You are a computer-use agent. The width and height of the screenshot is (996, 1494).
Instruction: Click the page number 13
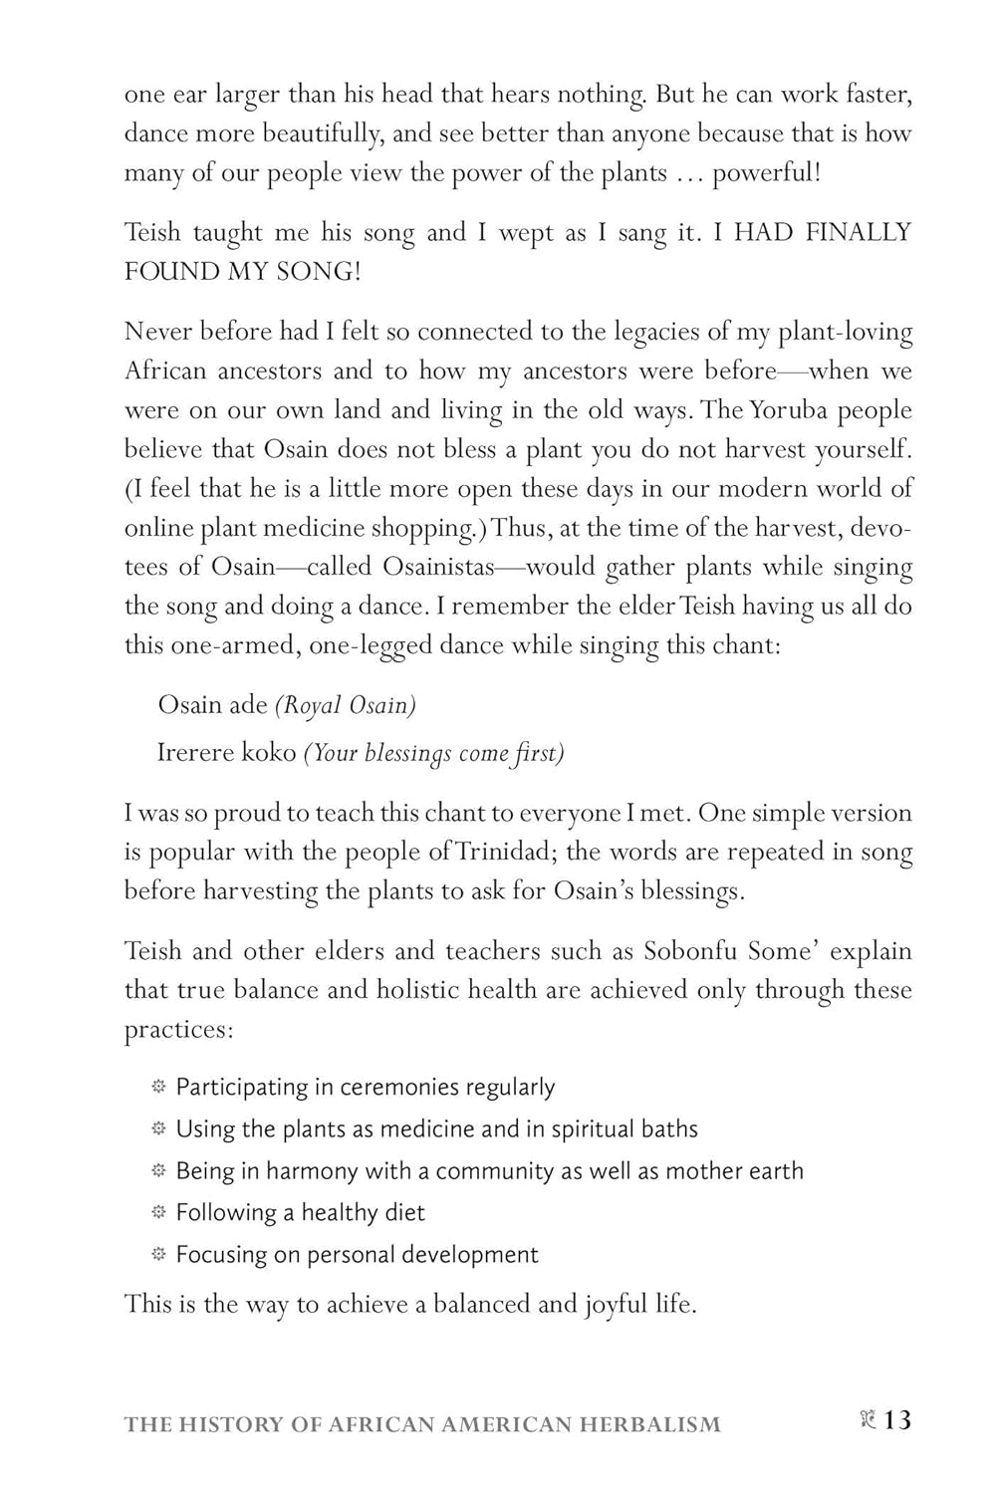pos(897,1420)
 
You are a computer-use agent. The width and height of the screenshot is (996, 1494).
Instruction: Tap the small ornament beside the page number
pos(866,1421)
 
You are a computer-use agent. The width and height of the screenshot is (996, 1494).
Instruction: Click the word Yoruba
pos(783,410)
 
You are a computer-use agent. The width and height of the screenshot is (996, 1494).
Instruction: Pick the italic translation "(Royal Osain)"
pos(346,705)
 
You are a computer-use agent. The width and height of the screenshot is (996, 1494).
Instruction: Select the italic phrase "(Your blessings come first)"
pos(433,754)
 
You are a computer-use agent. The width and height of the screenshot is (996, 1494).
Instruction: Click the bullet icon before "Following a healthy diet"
pos(157,1212)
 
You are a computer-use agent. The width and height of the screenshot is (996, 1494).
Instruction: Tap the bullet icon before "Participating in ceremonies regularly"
pos(157,1087)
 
